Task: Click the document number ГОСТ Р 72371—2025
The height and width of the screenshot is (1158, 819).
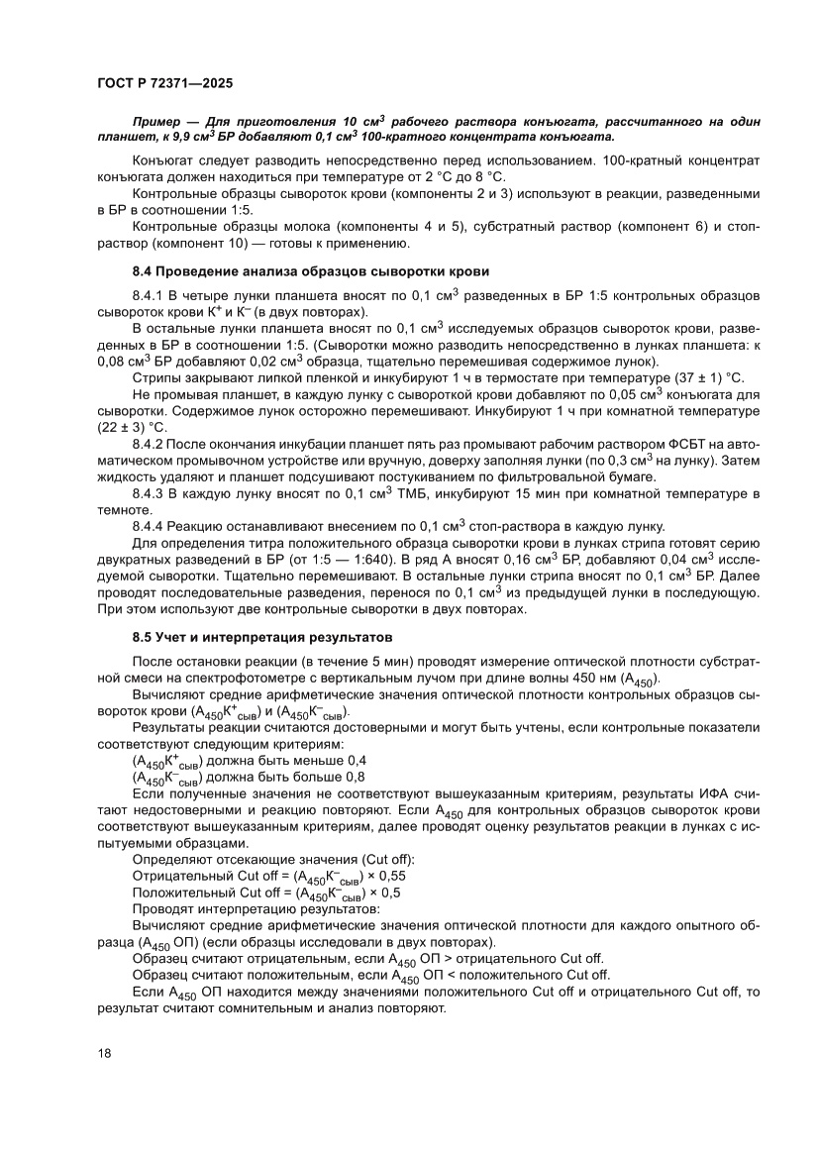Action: point(165,84)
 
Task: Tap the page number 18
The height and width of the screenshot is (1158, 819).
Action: point(105,1052)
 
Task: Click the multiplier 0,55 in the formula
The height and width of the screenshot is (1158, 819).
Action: point(392,876)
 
